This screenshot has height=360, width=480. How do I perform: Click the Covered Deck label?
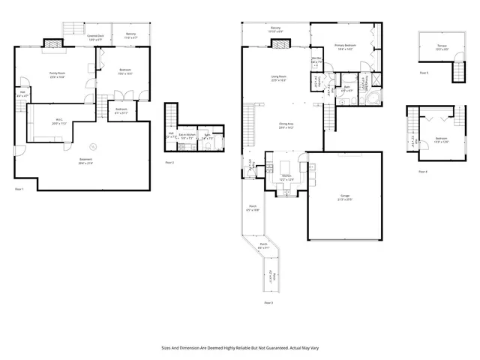point(94,37)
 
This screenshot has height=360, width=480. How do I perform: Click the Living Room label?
point(280,79)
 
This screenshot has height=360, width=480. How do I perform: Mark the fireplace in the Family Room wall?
point(55,45)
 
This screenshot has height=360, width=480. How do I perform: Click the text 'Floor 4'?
point(422,172)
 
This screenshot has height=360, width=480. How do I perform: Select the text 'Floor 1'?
point(20,189)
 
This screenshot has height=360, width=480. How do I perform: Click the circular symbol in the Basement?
point(93,147)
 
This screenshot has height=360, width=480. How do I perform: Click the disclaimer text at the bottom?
point(239,347)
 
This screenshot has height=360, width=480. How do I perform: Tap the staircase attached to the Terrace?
point(454,72)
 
